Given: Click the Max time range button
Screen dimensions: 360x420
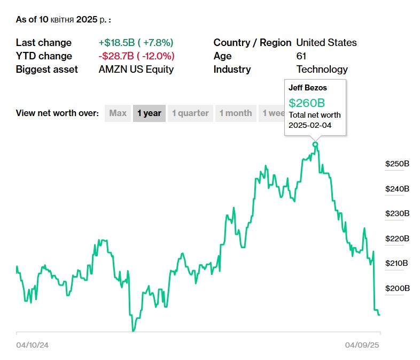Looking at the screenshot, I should (118, 113).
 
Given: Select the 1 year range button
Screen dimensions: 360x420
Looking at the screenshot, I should (149, 113).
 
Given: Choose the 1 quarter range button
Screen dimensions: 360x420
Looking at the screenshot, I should (190, 113).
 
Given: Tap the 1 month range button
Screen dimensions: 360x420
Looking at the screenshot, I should (235, 113).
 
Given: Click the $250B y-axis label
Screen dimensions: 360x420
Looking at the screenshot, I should (397, 164).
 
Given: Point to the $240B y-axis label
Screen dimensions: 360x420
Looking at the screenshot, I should (397, 189).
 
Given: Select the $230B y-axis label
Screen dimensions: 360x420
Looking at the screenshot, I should (397, 213).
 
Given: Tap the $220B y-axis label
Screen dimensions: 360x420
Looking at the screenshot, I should (397, 239).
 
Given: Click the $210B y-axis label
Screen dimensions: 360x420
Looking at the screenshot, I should (397, 263).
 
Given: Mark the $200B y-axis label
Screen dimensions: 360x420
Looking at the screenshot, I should (397, 288).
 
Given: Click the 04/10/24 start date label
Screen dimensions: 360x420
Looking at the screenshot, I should (32, 345).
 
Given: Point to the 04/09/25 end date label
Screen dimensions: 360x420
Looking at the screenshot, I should (362, 345).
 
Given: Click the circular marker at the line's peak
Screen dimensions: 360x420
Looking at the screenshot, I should (315, 144).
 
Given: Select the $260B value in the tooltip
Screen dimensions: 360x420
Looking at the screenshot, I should (307, 103).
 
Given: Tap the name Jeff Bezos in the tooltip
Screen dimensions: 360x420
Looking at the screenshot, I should (307, 87).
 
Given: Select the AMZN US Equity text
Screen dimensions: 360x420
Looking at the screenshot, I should (136, 70).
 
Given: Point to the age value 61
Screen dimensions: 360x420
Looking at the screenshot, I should (301, 56).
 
